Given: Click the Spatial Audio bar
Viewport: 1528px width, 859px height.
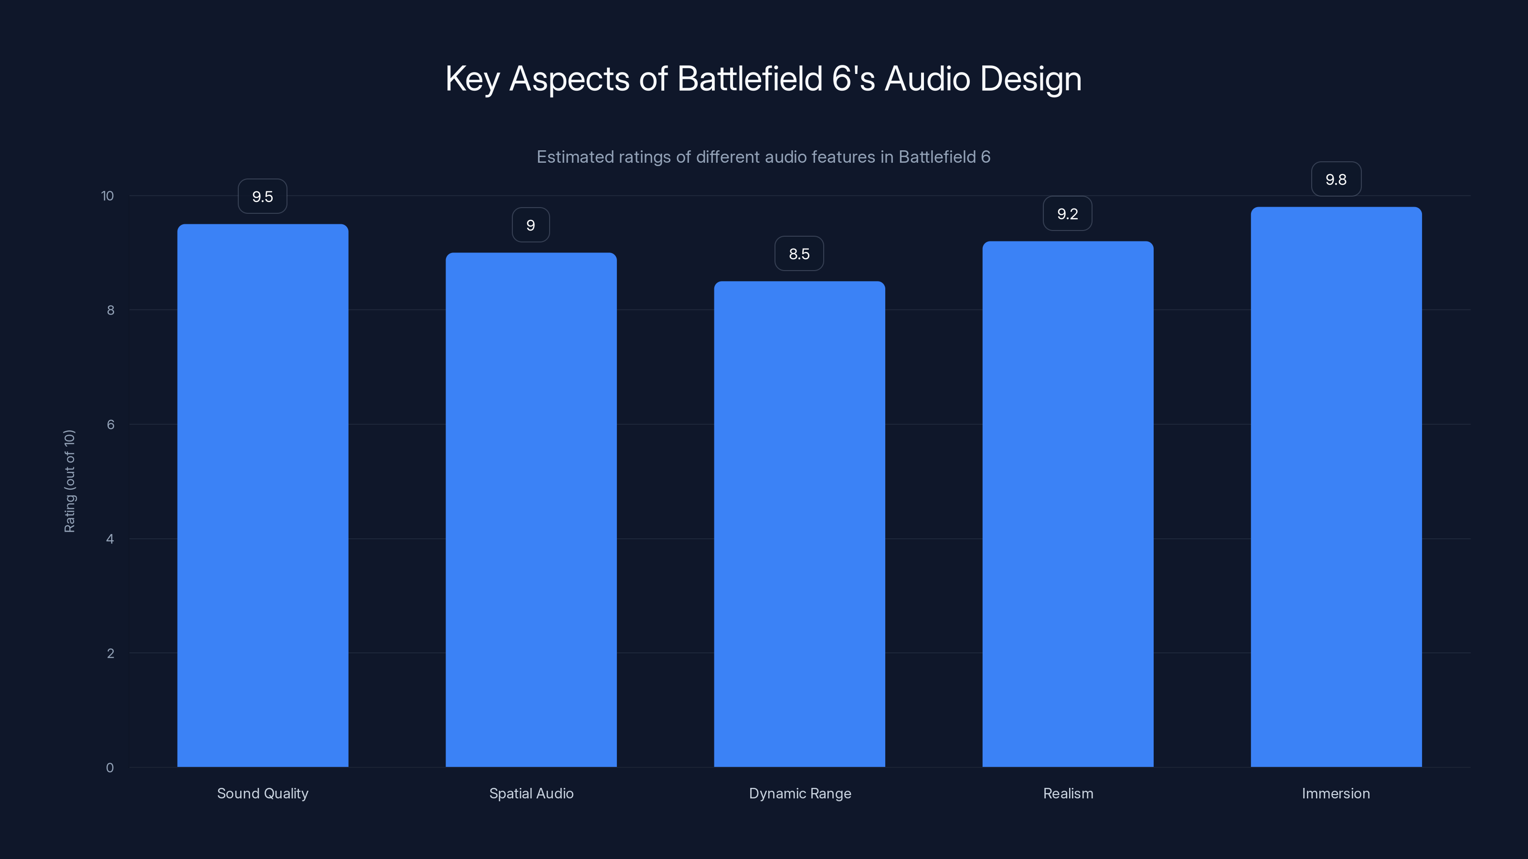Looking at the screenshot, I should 531,510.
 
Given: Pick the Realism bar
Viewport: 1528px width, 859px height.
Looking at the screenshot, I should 1068,504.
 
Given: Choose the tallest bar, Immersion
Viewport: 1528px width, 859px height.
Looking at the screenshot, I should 1336,487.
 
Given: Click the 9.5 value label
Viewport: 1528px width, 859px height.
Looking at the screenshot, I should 262,197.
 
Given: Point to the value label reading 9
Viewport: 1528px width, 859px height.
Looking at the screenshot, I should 531,225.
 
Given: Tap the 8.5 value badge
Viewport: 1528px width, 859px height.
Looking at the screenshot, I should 799,254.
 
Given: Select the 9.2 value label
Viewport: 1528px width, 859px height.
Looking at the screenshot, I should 1067,214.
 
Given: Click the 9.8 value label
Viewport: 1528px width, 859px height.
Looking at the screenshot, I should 1336,179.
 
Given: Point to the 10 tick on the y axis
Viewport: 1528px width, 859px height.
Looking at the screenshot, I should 107,196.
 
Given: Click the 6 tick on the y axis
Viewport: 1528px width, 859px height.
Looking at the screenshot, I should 110,424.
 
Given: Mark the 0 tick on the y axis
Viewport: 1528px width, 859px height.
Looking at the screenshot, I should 110,768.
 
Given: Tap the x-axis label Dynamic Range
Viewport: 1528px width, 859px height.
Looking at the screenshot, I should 800,793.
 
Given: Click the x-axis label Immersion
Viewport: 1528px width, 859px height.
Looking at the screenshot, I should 1336,793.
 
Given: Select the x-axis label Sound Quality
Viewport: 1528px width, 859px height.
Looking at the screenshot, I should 263,793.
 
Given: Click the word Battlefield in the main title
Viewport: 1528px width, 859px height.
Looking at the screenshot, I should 750,79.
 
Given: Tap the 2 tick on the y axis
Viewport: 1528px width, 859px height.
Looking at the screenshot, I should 110,653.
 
